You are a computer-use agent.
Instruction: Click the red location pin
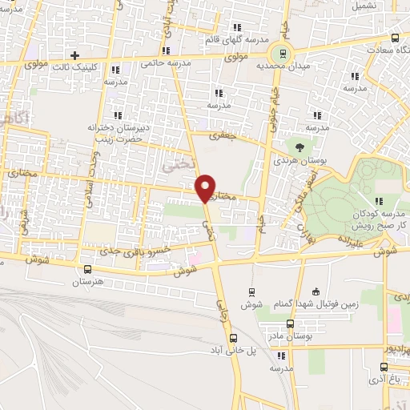[206, 187]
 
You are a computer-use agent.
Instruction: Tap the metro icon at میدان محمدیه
[281, 54]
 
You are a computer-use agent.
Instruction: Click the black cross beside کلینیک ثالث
[74, 56]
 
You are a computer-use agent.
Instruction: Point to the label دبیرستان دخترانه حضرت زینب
[118, 132]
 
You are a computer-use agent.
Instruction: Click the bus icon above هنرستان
[89, 269]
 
